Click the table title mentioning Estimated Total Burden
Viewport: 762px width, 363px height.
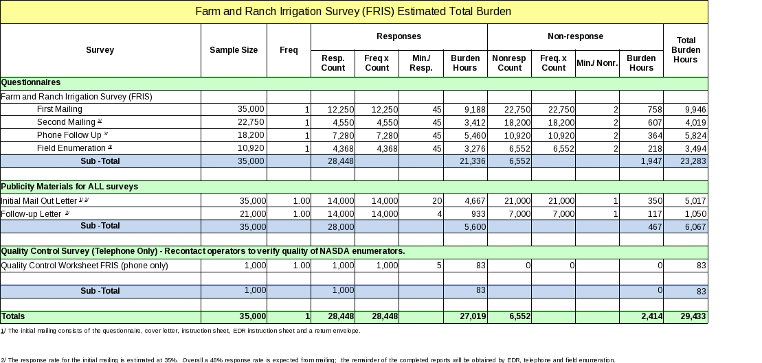tap(353, 12)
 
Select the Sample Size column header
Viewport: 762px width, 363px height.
tap(234, 50)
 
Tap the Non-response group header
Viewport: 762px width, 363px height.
tap(575, 36)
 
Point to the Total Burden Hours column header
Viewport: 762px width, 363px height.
tap(685, 50)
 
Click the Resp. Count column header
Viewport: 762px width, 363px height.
tap(333, 63)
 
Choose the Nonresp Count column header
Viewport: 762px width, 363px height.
tap(509, 63)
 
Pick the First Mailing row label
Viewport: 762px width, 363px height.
tap(59, 109)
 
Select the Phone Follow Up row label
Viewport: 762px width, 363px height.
tap(72, 135)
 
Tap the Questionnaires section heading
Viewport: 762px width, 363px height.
tap(31, 82)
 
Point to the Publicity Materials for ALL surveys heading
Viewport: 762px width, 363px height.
tap(69, 187)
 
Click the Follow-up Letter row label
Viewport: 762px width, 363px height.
tap(36, 213)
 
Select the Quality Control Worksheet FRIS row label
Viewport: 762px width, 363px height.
tap(84, 265)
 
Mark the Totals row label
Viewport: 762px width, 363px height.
tap(13, 316)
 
